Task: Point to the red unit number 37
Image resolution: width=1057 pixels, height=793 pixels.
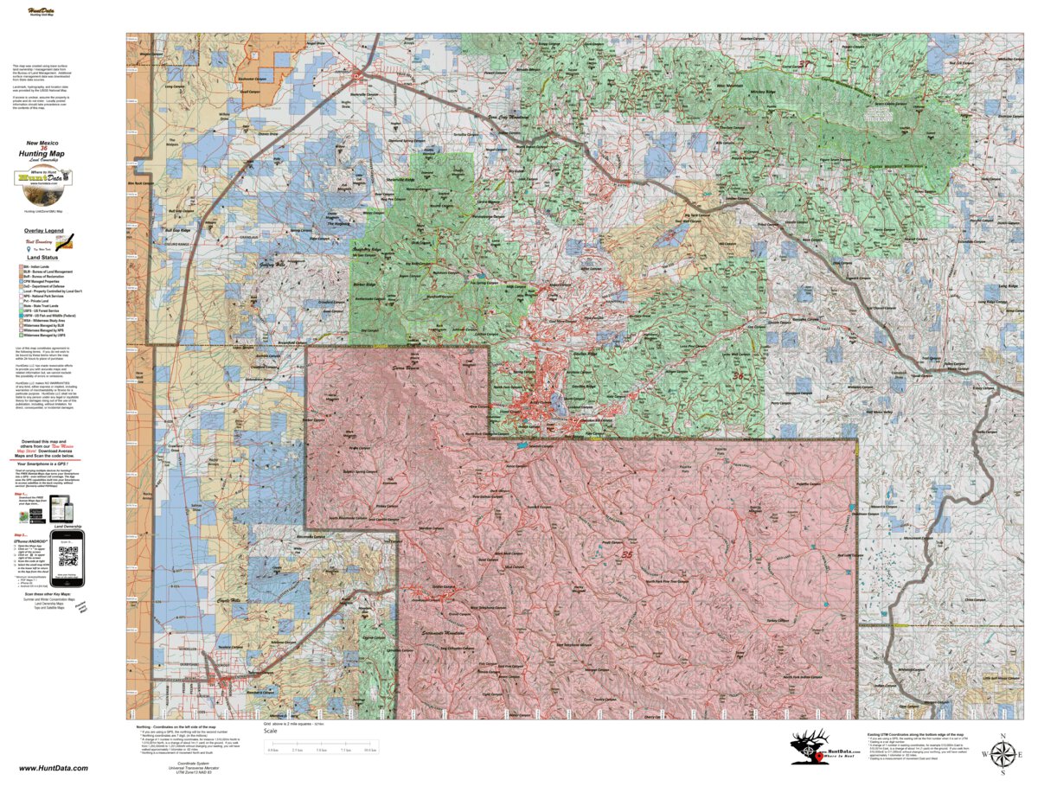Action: (805, 64)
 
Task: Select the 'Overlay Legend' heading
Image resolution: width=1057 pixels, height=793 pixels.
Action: (42, 232)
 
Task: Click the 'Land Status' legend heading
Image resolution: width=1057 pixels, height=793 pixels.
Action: (42, 257)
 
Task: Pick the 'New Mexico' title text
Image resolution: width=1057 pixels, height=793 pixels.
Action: (42, 142)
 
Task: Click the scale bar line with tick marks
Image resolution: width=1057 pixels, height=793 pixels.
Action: (321, 745)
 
